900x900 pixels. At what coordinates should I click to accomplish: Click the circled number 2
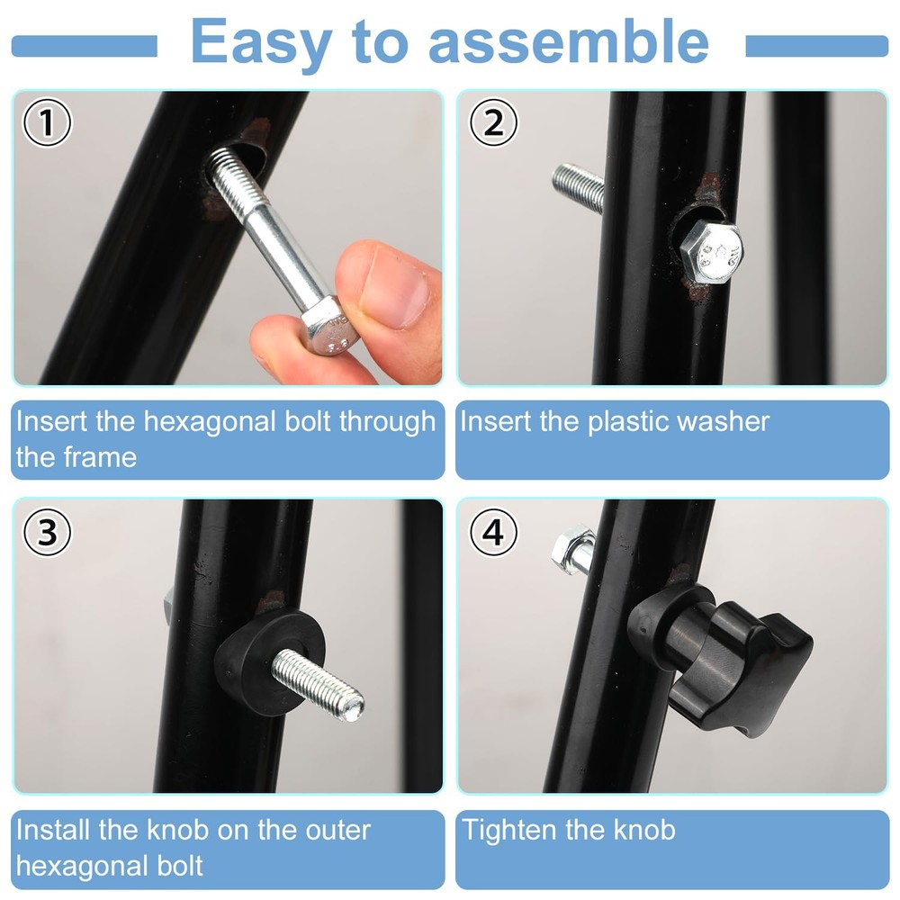pyautogui.click(x=493, y=123)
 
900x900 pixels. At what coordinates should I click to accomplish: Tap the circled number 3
pyautogui.click(x=47, y=533)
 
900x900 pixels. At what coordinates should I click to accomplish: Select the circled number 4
pyautogui.click(x=493, y=533)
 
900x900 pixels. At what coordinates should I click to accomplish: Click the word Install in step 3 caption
pyautogui.click(x=53, y=829)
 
